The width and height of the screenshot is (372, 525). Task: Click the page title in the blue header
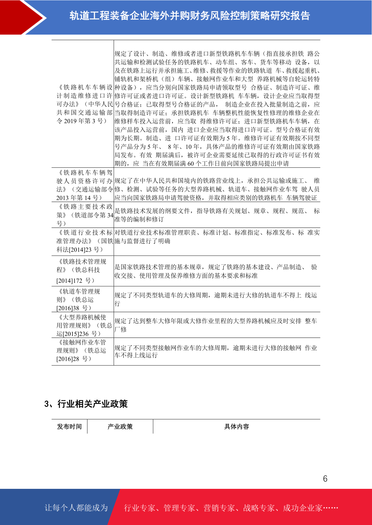[x=190, y=16]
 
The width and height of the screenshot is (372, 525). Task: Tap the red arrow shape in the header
[x=22, y=17]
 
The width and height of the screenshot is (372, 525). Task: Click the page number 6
[x=325, y=479]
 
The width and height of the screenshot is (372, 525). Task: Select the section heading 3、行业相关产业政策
[x=86, y=404]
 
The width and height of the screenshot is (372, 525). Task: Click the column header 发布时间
[x=69, y=426]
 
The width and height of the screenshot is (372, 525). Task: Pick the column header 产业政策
[x=120, y=426]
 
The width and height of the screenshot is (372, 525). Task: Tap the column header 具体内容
[x=236, y=426]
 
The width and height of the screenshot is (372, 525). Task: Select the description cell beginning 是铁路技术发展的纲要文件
[x=217, y=215]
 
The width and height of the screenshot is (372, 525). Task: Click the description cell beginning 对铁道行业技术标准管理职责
[x=217, y=237]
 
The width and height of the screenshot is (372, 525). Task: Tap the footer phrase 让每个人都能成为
[x=76, y=508]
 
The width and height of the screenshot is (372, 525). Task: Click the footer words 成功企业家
[x=302, y=508]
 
